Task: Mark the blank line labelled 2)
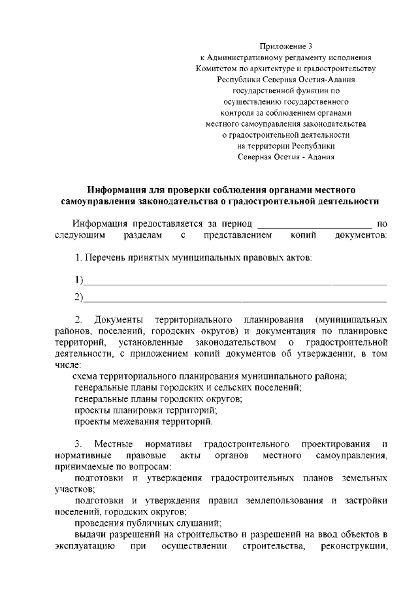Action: pos(234,298)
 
